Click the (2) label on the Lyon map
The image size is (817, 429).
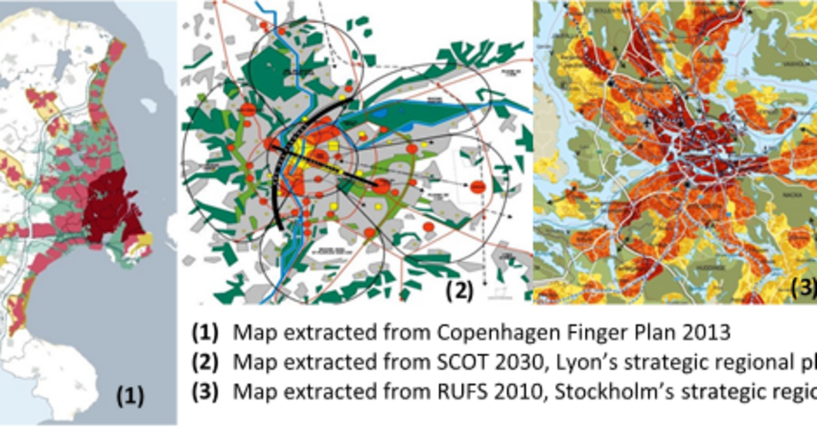(x=459, y=291)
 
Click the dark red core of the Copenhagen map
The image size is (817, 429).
(x=109, y=204)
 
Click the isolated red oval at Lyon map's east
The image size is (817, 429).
(x=478, y=186)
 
